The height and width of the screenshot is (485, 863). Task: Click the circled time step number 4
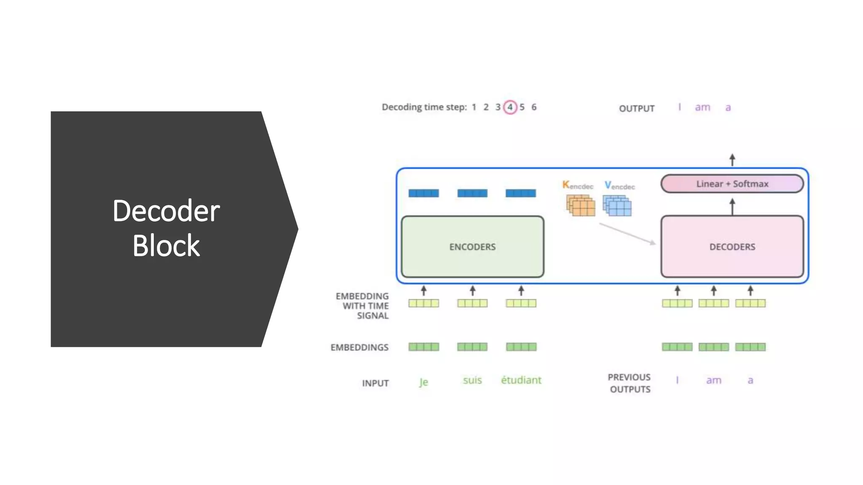[x=510, y=107]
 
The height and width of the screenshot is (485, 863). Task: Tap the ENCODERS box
[x=472, y=247]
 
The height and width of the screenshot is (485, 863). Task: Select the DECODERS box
[x=732, y=247]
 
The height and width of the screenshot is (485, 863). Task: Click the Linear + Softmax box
[x=732, y=184]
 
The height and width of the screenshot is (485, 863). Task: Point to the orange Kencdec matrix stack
[x=581, y=205]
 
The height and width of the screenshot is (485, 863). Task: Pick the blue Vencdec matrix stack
[x=617, y=205]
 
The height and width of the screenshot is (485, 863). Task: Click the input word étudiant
[x=521, y=380]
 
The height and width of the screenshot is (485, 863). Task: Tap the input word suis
[x=472, y=380]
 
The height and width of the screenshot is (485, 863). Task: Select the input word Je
[x=423, y=382]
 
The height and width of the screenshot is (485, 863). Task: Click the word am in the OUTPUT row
[x=702, y=107]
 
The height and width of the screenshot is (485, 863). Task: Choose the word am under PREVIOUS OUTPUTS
[x=713, y=380]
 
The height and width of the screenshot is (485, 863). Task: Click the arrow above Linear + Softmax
[x=732, y=160]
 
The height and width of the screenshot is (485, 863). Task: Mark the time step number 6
[x=534, y=107]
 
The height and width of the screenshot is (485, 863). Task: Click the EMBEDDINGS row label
[x=359, y=347]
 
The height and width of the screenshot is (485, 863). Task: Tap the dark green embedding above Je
[x=423, y=347]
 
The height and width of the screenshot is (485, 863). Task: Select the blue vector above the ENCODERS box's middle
[x=472, y=193]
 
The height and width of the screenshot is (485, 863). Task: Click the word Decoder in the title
[x=166, y=211]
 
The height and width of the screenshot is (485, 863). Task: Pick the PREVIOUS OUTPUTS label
[x=630, y=383]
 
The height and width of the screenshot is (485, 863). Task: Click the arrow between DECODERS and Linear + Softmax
[x=732, y=207]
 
